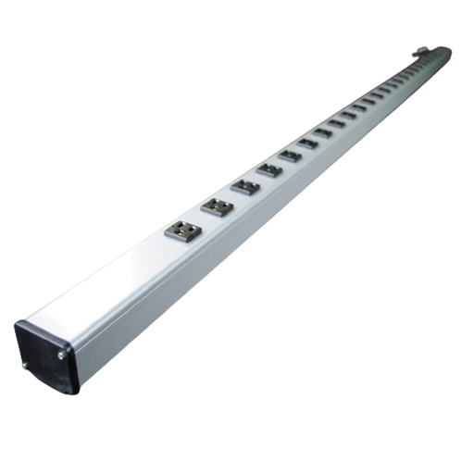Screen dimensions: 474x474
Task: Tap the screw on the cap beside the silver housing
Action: [61, 355]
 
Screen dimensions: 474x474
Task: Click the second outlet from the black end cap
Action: [216, 206]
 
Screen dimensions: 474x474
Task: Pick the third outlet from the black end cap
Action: [245, 187]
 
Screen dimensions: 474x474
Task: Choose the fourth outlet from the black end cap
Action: [269, 170]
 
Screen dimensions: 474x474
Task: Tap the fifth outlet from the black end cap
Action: [291, 156]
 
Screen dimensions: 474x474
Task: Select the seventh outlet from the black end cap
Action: [323, 133]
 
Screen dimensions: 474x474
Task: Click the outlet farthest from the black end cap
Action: [435, 57]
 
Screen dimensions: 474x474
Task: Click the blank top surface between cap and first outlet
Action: [111, 278]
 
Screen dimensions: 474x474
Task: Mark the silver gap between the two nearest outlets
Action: [200, 218]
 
